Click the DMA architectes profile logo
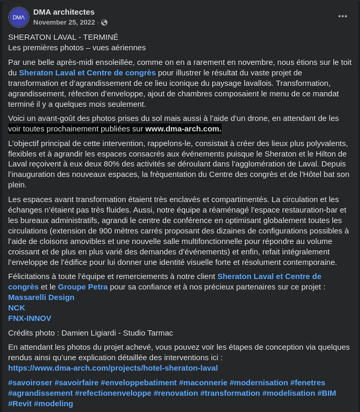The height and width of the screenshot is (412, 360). coord(19,17)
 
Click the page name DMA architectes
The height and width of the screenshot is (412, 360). coord(64,12)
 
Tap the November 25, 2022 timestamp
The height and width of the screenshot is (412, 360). coord(64,23)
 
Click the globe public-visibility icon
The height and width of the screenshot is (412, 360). coord(104,23)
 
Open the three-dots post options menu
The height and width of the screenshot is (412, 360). coord(343,16)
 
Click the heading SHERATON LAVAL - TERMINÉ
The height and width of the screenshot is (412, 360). coord(63,37)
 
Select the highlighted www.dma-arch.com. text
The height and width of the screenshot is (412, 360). coord(183,129)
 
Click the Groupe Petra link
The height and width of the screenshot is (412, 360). coord(83,287)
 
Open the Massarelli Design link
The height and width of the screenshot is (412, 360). coord(41,297)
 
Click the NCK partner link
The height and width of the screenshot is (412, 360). coord(17,308)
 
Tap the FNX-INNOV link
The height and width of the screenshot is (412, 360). coord(30,318)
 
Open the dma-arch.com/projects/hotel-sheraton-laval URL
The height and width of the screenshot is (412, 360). coord(113,368)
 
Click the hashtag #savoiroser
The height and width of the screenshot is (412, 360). coord(30,383)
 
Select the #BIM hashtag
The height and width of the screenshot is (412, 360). coord(326,393)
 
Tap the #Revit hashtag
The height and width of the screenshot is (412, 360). coord(20,404)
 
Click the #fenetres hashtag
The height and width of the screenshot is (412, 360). coord(308,383)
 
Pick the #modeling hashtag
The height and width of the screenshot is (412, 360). coord(53,404)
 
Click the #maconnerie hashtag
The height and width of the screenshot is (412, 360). coord(203,383)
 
